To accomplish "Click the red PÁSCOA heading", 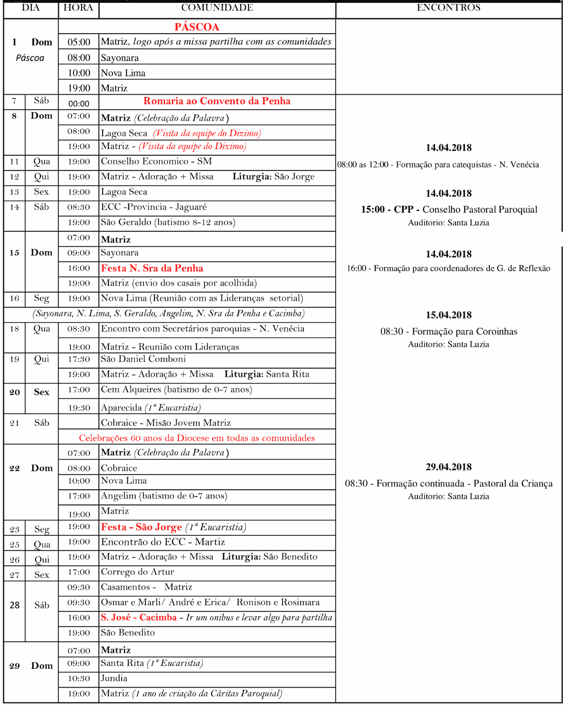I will pos(196,27).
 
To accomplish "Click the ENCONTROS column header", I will pos(448,8).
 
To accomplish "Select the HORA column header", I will pos(78,8).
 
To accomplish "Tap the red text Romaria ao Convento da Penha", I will pos(217,101).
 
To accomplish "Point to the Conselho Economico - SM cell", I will pos(156,161).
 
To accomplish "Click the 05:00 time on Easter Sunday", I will pos(79,42).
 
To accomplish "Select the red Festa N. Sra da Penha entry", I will pos(152,268).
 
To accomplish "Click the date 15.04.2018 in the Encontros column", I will pos(448,315).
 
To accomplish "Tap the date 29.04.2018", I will pos(448,467).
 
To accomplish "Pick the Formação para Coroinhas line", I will pos(448,332).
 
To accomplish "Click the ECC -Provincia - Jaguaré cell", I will pos(154,207).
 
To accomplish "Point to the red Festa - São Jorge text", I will pos(142,527).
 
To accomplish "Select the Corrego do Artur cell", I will pos(137,572).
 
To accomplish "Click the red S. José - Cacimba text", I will pos(139,618).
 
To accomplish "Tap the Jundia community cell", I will pos(114,678).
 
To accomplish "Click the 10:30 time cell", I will pos(79,679).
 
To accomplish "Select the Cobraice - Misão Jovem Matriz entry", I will pos(166,423).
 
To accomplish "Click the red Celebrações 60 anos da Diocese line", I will pos(197,438).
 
